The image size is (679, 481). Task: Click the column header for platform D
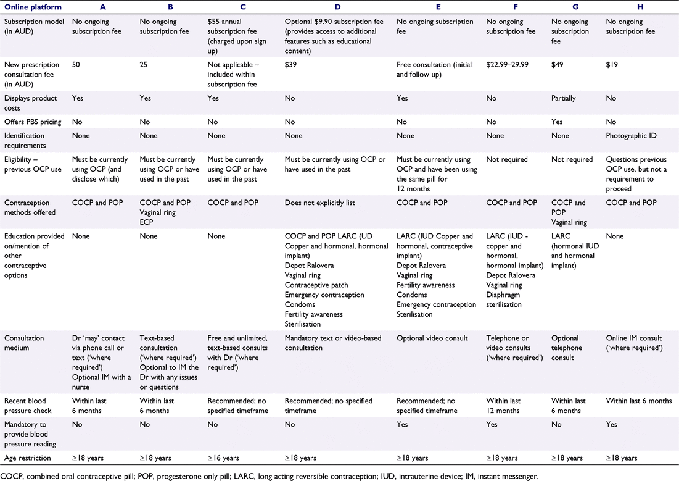pos(337,7)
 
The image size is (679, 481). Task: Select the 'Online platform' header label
pos(33,7)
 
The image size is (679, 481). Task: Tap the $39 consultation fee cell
pos(290,65)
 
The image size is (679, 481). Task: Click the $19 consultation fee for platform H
pos(612,65)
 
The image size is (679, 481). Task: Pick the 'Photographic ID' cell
pos(631,136)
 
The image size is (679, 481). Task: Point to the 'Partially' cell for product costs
pos(564,98)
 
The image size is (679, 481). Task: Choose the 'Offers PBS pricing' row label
pos(33,122)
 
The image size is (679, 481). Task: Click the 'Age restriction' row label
pos(28,458)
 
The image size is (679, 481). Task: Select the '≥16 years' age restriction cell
pos(223,458)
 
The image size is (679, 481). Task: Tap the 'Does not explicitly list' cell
pos(319,203)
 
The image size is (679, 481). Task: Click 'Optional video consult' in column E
pos(432,338)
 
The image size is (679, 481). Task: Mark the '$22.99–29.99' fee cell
pos(507,65)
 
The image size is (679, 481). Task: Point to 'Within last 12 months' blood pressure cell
pos(503,406)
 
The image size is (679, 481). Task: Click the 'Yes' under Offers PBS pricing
pos(557,122)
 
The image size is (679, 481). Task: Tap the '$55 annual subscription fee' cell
pos(237,36)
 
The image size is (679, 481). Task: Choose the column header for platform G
pos(575,7)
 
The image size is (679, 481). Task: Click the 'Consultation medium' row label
pos(24,343)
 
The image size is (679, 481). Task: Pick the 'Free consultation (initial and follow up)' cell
pos(434,69)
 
